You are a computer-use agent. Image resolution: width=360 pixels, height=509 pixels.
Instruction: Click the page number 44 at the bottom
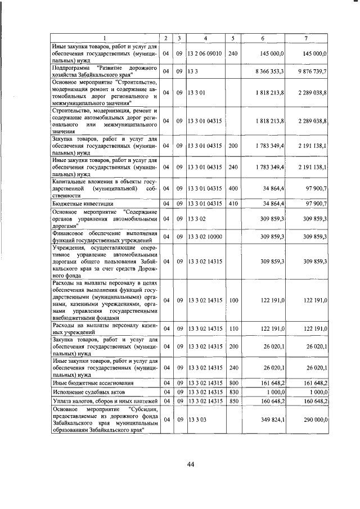(x=190, y=464)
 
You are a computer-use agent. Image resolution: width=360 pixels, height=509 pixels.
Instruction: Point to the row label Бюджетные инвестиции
(x=83, y=203)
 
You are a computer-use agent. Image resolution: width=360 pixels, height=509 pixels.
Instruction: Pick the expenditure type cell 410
(x=234, y=203)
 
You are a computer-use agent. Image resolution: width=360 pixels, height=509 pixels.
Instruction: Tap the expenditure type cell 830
(x=234, y=391)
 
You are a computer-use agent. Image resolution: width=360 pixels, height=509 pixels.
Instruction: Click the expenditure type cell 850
(x=234, y=400)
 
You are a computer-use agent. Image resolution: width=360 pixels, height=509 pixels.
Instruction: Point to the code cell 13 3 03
(x=197, y=419)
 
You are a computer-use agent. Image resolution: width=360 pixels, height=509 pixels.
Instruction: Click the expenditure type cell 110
(x=234, y=328)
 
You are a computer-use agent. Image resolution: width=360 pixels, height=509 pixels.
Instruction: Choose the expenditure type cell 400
(x=234, y=187)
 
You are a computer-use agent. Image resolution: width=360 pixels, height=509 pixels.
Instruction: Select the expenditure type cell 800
(x=234, y=382)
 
